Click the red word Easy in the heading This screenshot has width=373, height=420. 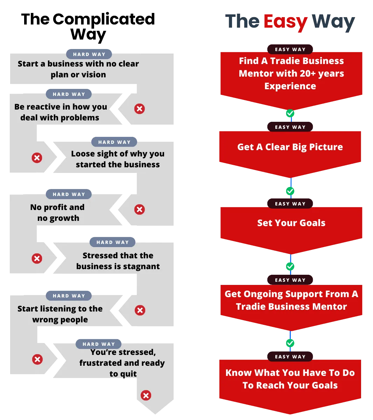(285, 22)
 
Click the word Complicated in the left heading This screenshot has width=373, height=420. (104, 19)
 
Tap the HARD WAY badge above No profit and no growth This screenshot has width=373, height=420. (69, 194)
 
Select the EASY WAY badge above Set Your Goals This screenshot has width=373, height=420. (290, 204)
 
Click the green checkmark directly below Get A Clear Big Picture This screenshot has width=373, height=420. (290, 191)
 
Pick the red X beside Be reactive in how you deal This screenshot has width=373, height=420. (140, 108)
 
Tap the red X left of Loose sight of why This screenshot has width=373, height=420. (37, 158)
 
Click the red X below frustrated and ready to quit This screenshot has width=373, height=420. (146, 395)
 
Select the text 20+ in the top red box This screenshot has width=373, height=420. (304, 73)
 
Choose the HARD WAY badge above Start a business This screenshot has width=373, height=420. (89, 54)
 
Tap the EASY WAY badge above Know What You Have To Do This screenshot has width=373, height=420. (290, 357)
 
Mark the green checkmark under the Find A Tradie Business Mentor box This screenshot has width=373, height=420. (290, 113)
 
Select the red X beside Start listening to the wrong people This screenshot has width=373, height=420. (140, 310)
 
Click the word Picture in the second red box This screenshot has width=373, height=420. (326, 147)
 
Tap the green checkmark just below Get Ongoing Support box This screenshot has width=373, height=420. (290, 343)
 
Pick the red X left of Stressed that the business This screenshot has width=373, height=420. (37, 259)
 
